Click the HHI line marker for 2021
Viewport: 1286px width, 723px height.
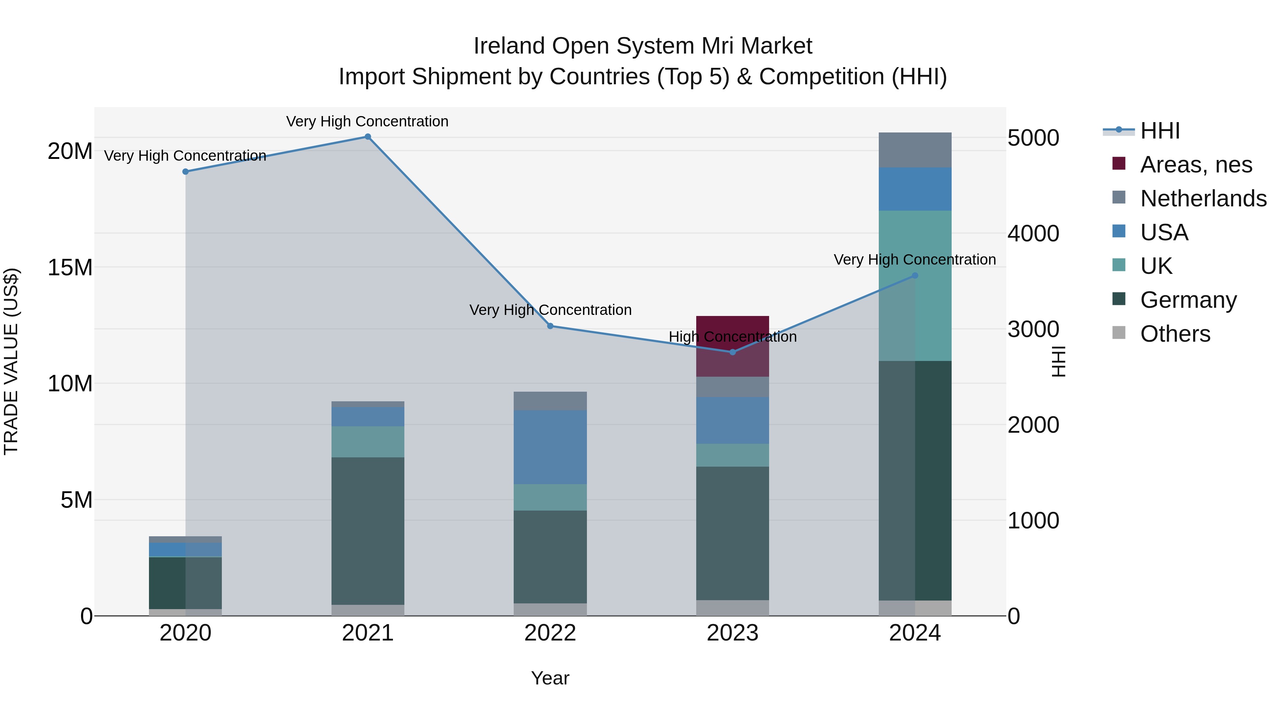point(368,137)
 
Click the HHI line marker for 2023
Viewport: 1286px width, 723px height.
point(732,352)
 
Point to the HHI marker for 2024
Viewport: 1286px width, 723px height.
point(914,275)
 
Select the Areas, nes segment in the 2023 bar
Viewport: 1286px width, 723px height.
point(732,346)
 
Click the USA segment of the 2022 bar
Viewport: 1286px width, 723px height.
point(550,447)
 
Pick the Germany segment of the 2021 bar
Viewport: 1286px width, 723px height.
point(368,531)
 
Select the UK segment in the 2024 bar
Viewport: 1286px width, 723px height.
point(914,285)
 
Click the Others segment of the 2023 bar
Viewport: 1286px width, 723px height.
point(732,608)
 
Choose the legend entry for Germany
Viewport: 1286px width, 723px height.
point(1188,300)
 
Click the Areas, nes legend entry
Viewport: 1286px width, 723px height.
point(1196,165)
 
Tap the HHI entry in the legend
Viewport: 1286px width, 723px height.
point(1160,131)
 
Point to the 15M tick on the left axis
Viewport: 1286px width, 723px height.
point(70,267)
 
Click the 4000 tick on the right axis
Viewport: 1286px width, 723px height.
point(1033,234)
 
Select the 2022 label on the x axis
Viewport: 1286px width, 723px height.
point(550,633)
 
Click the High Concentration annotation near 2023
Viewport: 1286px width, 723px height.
point(732,337)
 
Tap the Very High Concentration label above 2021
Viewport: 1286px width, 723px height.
point(368,121)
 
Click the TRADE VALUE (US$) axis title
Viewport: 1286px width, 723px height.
point(11,361)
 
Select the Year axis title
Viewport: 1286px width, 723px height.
point(550,678)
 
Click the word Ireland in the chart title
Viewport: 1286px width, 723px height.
point(509,46)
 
